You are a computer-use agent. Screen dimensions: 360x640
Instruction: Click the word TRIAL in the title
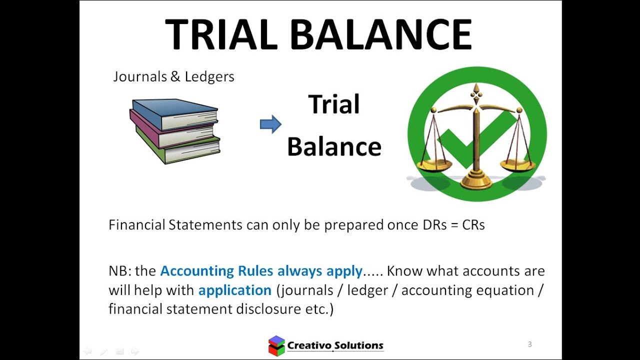(221, 34)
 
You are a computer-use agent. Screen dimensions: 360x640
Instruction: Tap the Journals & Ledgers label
(173, 76)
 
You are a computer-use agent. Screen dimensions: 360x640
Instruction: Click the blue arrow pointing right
(270, 124)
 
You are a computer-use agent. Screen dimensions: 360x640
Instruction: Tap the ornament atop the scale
(476, 92)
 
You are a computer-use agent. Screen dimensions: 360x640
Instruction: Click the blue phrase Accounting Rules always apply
(261, 271)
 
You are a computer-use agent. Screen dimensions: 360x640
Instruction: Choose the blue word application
(234, 290)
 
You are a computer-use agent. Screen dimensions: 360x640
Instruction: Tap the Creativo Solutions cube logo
(276, 345)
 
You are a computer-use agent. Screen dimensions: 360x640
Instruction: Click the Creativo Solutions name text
(335, 345)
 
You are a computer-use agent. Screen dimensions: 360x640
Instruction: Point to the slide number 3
(529, 344)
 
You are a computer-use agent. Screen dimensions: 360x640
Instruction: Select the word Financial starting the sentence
(136, 225)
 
